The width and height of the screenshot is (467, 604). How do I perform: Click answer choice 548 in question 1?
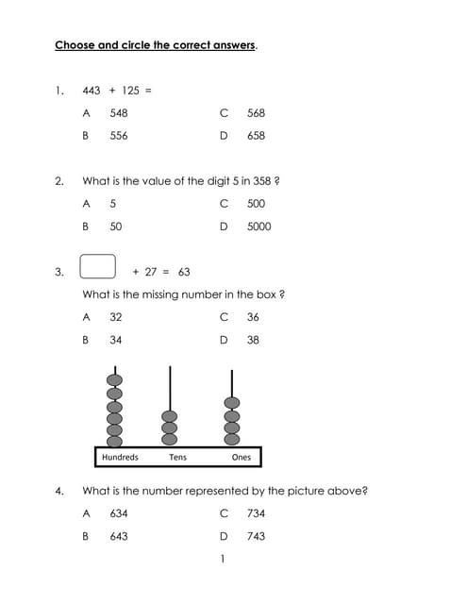[119, 113]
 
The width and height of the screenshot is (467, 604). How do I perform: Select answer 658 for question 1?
[256, 136]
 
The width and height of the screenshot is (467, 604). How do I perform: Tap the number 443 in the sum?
[92, 91]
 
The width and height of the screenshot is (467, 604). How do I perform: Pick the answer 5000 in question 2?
[259, 226]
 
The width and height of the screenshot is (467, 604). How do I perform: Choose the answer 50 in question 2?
[115, 226]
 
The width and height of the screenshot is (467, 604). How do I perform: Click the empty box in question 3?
[98, 267]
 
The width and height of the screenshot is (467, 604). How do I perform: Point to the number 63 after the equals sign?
[184, 272]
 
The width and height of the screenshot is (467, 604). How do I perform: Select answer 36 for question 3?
[253, 317]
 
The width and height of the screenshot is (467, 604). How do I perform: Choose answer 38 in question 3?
[253, 340]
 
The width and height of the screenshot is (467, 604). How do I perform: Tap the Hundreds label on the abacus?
[120, 458]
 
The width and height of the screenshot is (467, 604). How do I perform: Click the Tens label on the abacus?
[177, 458]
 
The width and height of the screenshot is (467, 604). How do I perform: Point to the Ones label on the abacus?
[242, 458]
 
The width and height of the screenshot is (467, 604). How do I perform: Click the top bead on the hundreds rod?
[114, 379]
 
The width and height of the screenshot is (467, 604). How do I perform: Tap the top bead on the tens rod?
[170, 415]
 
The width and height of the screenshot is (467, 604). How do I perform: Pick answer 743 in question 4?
[256, 536]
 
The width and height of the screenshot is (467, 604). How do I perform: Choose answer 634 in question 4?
[119, 513]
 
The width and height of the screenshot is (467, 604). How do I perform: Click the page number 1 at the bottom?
[222, 560]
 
